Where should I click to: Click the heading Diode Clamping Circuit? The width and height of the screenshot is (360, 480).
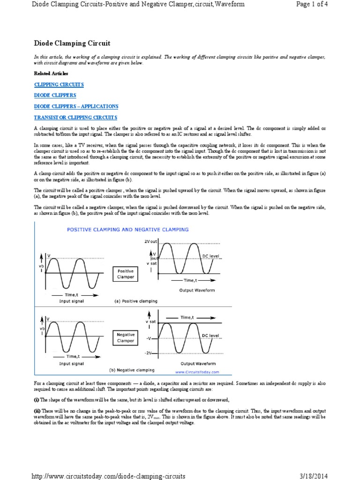72,44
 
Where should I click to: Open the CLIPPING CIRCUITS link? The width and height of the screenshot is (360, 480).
59,84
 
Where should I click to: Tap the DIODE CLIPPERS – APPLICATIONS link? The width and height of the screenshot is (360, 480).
76,106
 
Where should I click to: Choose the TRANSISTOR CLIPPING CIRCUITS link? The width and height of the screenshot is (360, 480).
75,117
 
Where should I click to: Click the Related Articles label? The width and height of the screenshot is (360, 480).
51,74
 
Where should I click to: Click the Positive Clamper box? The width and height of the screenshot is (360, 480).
125,274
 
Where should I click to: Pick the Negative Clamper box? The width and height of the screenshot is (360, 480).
125,337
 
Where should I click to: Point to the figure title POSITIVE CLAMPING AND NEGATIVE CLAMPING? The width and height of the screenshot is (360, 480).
128,230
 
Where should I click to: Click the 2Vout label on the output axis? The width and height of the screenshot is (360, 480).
151,241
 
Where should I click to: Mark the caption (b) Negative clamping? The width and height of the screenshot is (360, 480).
132,370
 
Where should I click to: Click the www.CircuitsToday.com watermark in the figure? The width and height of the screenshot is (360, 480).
197,372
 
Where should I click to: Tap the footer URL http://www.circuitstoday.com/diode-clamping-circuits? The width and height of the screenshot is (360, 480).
108,476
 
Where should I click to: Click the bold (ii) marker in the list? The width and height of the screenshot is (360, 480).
37,409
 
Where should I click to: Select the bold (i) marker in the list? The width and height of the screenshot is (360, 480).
37,399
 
